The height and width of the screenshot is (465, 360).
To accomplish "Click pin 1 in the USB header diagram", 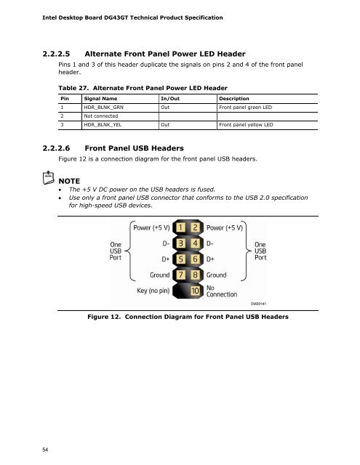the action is (180, 227).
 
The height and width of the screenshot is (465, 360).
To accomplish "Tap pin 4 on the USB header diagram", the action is (195, 243).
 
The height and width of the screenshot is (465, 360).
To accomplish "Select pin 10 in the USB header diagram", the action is (195, 291).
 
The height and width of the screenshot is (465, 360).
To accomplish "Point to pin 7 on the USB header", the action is (180, 275).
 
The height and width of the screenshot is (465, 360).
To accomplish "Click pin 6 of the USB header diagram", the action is (195, 259).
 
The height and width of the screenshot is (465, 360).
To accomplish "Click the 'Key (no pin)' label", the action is (153, 291).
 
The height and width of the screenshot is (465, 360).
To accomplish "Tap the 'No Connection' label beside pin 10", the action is (222, 291).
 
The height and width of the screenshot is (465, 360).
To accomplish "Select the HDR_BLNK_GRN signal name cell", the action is (103, 108).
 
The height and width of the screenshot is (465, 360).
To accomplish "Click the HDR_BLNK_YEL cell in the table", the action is (103, 125).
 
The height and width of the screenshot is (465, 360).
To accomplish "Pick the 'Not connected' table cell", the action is (101, 116).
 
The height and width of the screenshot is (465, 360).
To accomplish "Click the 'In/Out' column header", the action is (170, 99).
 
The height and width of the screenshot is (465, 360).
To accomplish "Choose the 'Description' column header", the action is (234, 99).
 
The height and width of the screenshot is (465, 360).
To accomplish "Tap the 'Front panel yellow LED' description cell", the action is (246, 125).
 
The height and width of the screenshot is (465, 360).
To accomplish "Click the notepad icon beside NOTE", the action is (49, 177).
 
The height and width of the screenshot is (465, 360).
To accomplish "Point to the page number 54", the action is (45, 450).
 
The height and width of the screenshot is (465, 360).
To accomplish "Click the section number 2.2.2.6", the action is (56, 148).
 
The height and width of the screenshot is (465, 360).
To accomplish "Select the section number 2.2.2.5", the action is (56, 54).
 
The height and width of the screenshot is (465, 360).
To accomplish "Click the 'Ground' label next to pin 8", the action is (216, 275).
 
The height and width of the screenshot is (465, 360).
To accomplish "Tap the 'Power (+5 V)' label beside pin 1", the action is (151, 227).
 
